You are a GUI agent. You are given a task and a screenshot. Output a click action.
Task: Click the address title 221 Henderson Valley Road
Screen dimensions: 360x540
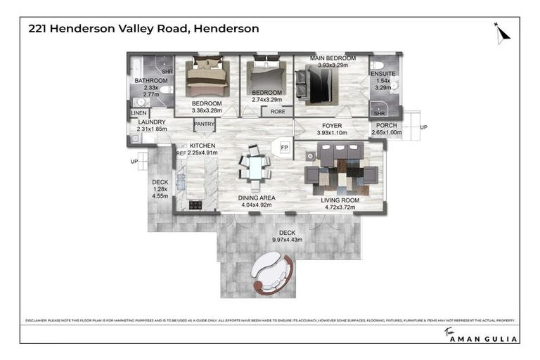click(143, 30)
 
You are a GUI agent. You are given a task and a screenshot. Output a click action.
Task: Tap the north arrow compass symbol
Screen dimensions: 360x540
click(501, 32)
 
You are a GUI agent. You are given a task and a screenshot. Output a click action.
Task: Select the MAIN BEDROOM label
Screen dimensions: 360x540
click(333, 58)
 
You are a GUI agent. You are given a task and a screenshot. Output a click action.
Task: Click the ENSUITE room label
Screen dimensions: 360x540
click(382, 74)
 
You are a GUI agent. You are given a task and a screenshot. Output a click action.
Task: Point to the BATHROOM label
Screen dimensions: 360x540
click(151, 81)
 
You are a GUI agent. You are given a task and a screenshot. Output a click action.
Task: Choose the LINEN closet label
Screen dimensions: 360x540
click(139, 113)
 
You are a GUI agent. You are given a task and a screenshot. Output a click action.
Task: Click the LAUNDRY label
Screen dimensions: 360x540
click(151, 122)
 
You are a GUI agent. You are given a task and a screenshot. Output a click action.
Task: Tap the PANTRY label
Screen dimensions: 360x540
click(204, 124)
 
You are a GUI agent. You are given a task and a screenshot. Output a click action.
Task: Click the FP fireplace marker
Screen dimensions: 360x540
click(284, 147)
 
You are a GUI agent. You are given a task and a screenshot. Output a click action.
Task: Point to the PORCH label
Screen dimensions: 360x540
click(386, 124)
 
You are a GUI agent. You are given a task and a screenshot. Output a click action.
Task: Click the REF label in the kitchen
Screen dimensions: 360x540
click(181, 153)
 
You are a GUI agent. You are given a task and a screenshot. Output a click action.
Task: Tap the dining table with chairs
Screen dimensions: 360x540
click(254, 168)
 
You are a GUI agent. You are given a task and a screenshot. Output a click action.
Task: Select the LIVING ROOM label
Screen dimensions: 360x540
click(340, 200)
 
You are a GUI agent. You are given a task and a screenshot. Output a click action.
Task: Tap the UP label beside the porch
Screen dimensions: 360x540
click(423, 127)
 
